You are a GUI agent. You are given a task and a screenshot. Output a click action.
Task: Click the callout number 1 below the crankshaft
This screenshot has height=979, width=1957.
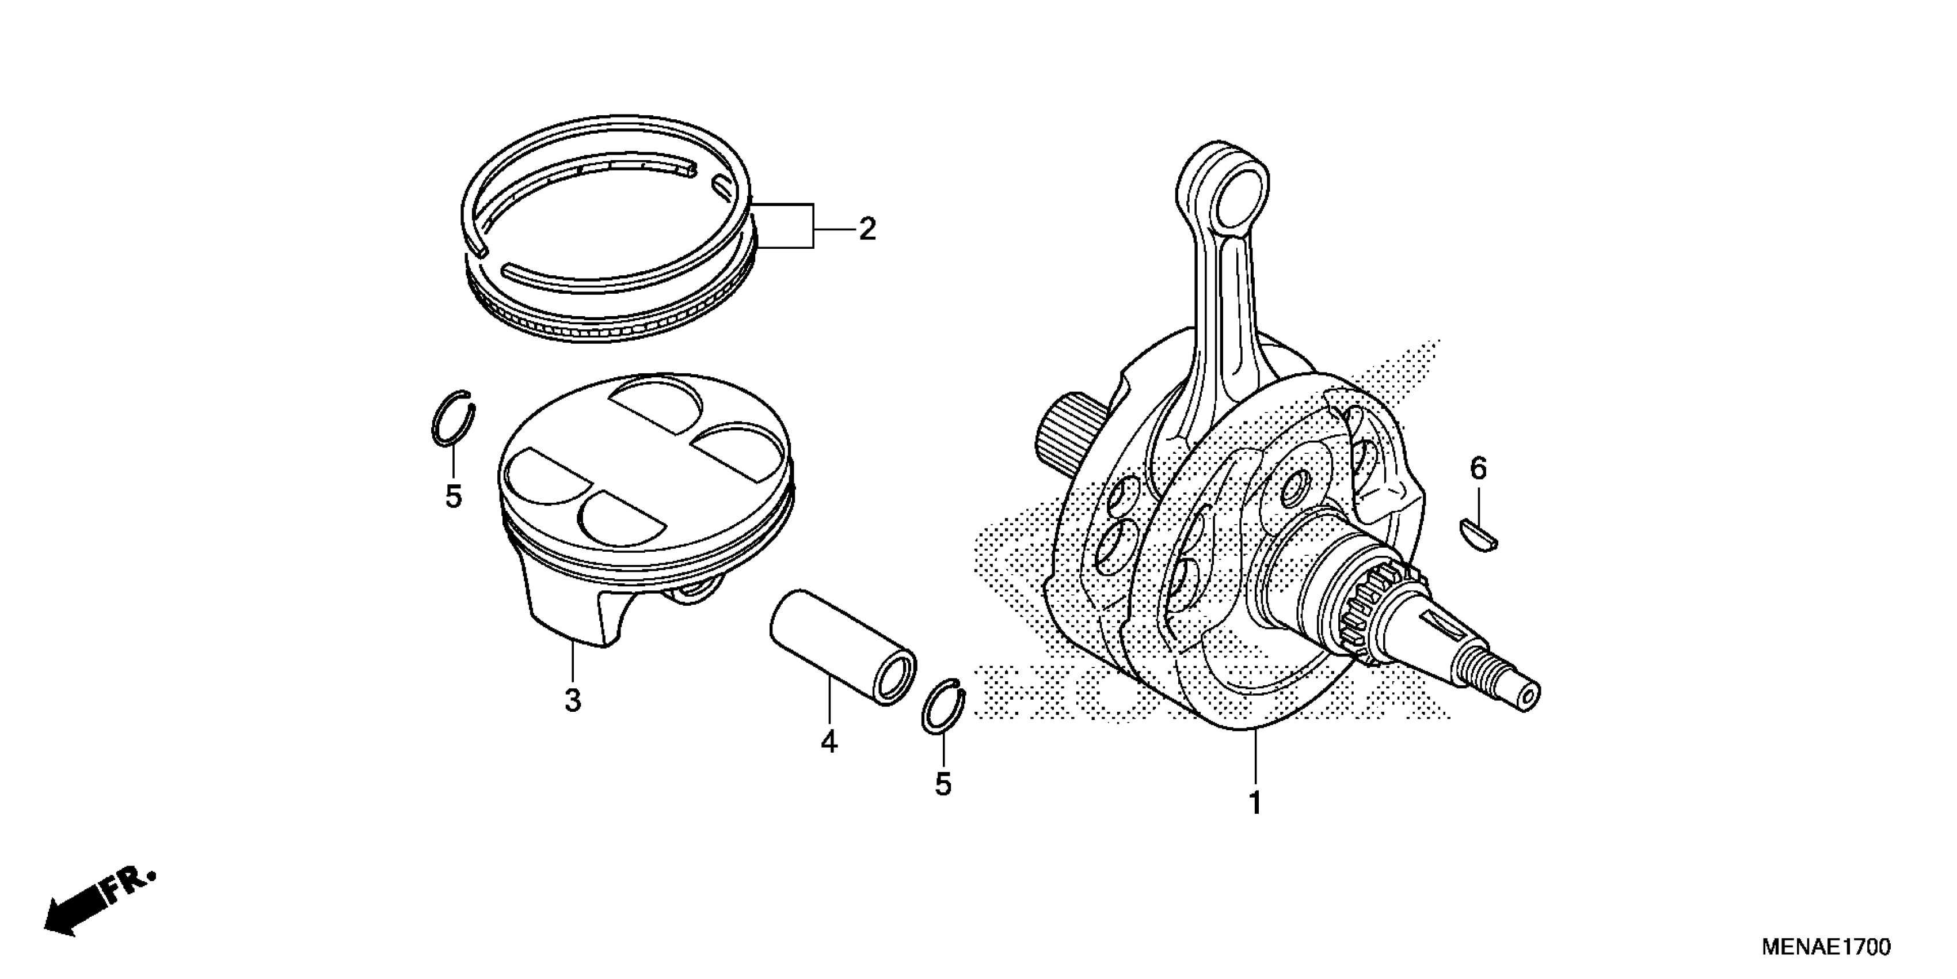tap(1255, 803)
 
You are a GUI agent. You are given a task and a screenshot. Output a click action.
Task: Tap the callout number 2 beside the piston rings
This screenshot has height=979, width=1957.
tap(867, 229)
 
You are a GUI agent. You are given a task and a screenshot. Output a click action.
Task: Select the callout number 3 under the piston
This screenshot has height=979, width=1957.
tap(573, 700)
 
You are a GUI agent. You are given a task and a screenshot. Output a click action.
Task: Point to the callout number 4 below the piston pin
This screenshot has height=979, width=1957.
tap(829, 741)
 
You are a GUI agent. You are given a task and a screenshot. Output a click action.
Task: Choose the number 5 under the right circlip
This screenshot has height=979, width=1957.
tap(943, 784)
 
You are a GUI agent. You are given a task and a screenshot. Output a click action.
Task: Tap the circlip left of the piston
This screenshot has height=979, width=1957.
tap(454, 420)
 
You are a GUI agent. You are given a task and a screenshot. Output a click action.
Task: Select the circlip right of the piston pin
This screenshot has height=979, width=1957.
tap(943, 705)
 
